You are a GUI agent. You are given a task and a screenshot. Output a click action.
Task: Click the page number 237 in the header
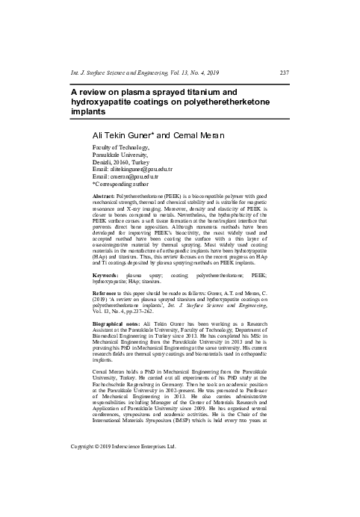pos(283,72)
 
